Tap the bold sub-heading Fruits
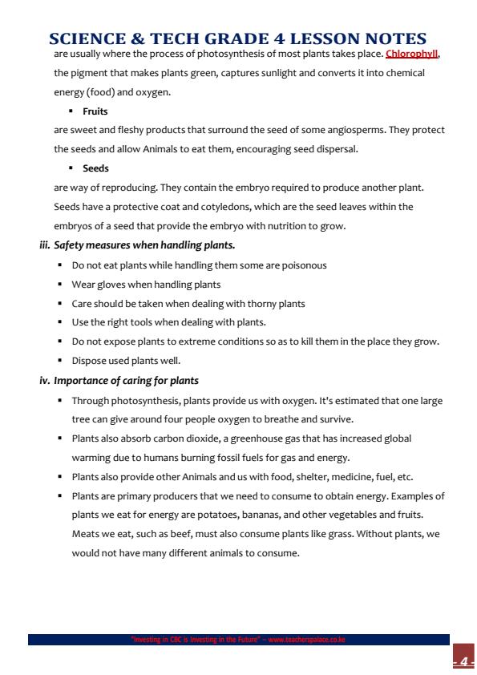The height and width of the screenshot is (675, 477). coord(95,111)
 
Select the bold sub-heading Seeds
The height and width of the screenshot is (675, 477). coord(95,168)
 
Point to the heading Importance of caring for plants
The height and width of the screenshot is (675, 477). coord(127,380)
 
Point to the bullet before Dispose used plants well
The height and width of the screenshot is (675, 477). coord(61,361)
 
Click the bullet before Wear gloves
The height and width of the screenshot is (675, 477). coord(61,284)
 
